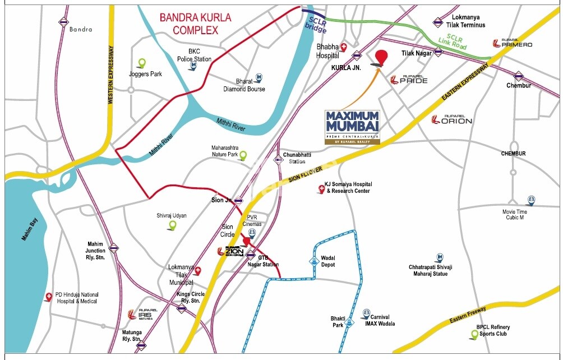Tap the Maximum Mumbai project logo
[x=353, y=127]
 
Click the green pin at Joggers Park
[x=142, y=63]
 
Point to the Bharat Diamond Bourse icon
[x=259, y=77]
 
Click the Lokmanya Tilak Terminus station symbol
[x=437, y=22]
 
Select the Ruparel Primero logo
[x=513, y=43]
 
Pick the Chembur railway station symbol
[x=518, y=76]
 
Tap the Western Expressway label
[x=110, y=73]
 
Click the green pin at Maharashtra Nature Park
[x=243, y=155]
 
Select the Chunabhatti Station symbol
[x=278, y=160]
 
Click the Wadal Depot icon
[x=313, y=261]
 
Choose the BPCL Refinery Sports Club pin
[x=474, y=335]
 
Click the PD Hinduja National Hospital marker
[x=49, y=298]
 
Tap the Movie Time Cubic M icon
[x=530, y=201]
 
